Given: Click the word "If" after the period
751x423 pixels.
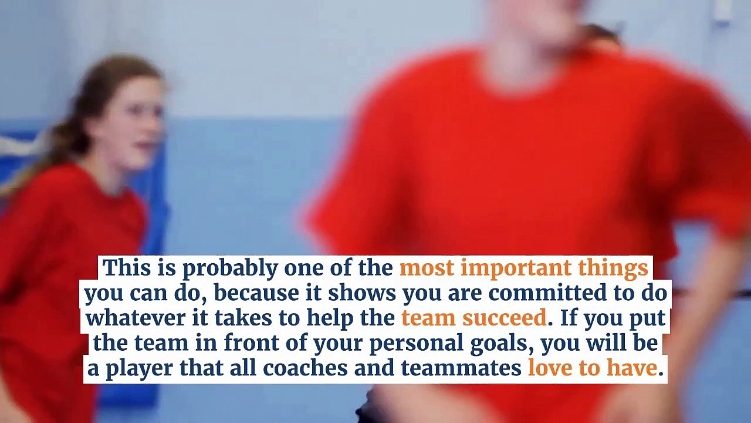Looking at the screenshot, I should point(567,318).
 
